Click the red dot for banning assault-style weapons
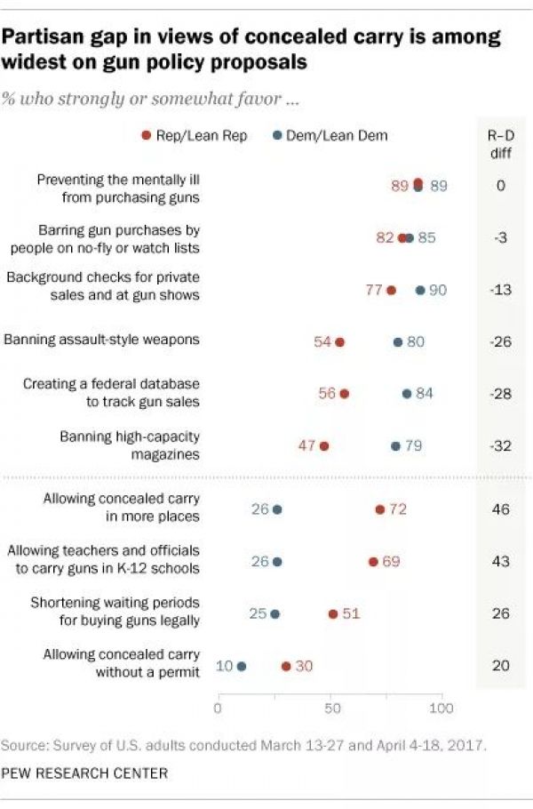[339, 341]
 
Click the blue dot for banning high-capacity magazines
[395, 446]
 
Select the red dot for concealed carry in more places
[380, 509]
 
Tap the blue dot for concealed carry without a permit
[242, 666]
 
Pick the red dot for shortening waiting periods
[333, 614]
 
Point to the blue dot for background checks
[420, 291]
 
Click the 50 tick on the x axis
[330, 709]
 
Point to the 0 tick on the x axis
[219, 709]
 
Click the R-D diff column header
[501, 143]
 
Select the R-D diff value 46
[501, 509]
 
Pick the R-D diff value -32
[501, 446]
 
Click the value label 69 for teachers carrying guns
[391, 562]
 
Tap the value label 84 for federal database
[424, 394]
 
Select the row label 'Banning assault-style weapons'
[102, 340]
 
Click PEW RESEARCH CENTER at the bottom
[84, 773]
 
